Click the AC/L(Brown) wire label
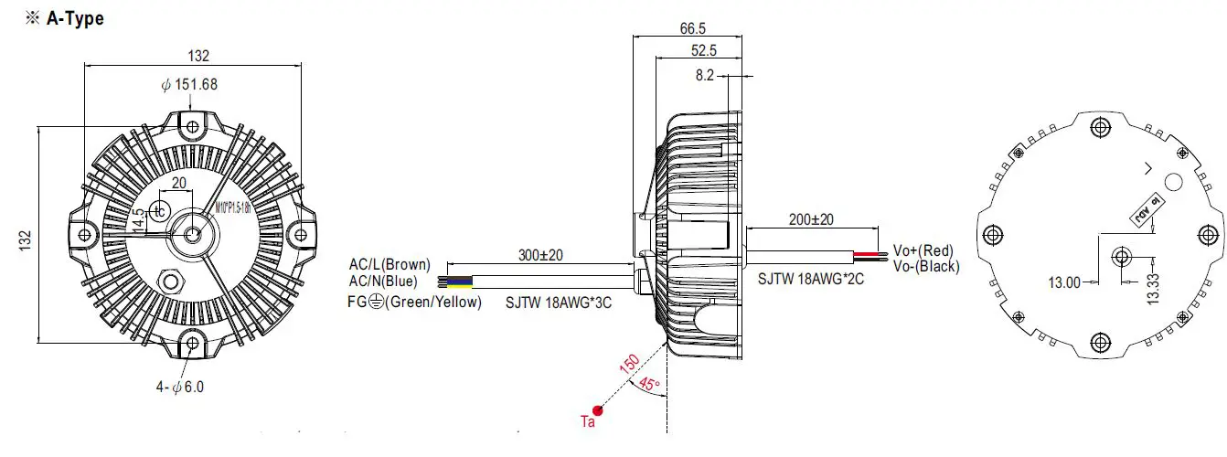pos(389,265)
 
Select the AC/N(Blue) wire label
pos(386,281)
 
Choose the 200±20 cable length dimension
pos(810,219)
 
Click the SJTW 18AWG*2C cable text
pos(810,279)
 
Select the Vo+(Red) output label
pos(923,250)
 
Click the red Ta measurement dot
pos(597,409)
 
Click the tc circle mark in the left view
pos(160,210)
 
